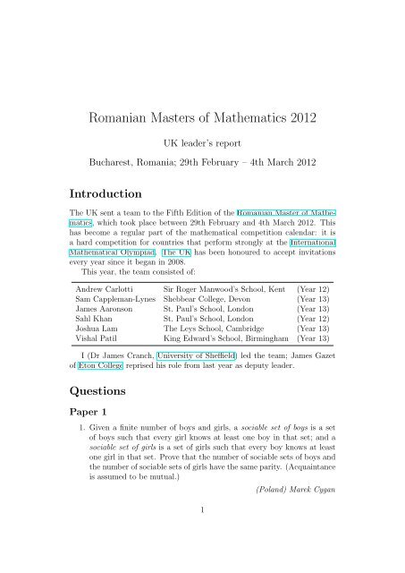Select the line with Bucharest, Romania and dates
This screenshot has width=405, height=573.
point(202,164)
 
